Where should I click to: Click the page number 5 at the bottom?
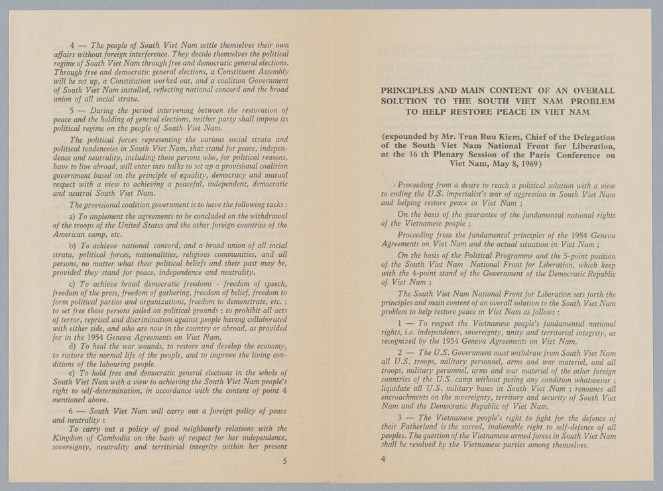tap(284, 462)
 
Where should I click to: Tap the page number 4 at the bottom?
tap(383, 458)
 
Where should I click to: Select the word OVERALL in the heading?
tap(594, 90)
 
